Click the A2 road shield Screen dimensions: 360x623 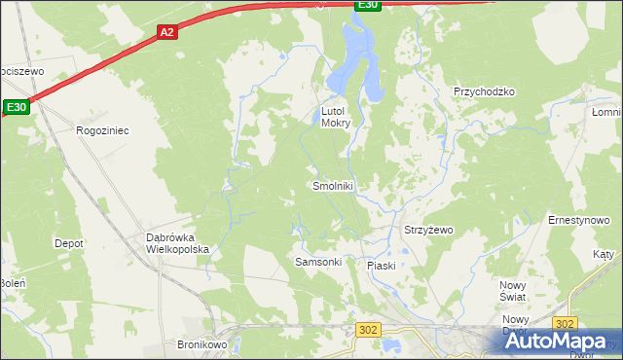pos(166,32)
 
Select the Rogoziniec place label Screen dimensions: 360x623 pos(102,129)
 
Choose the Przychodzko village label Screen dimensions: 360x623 pos(484,91)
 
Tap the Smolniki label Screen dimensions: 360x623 pos(333,186)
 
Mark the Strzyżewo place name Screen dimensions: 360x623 pos(428,231)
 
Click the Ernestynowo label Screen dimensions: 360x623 pos(578,221)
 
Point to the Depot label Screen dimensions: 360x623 pos(68,243)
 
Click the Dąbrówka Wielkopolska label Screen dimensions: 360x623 pos(177,243)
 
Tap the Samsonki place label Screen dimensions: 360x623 pos(317,263)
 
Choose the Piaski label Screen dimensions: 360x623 pos(381,266)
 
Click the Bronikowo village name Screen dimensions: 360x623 pos(202,344)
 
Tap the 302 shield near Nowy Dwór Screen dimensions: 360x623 pos(564,323)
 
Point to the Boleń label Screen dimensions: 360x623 pos(12,283)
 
